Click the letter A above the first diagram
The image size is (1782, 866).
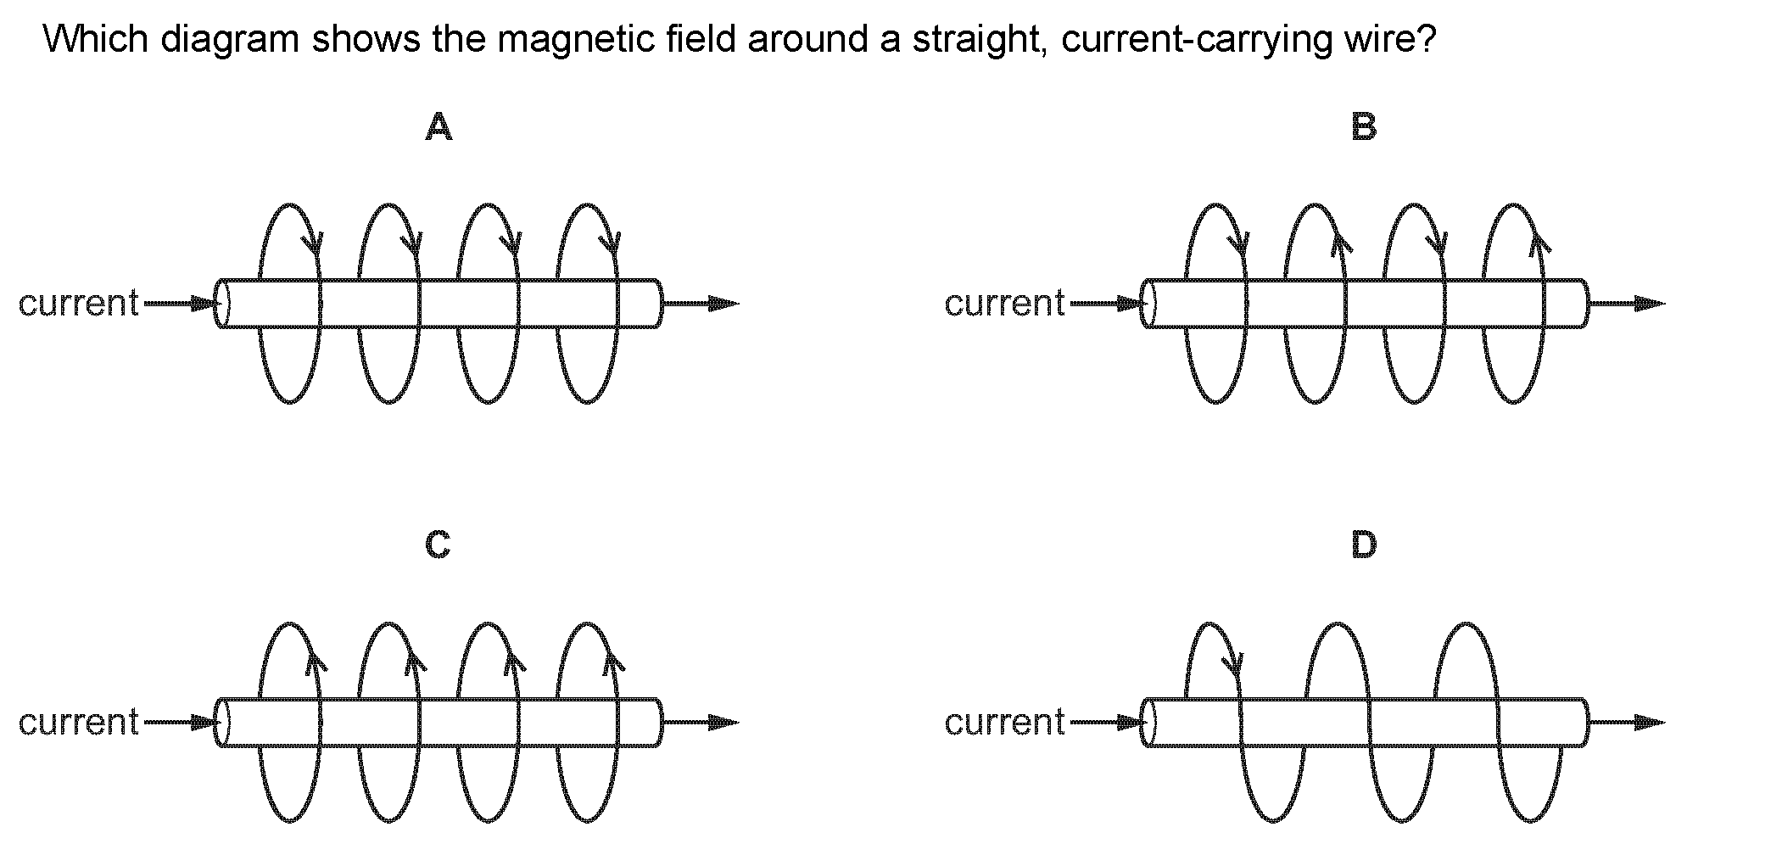pos(439,127)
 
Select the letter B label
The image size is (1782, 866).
pos(1364,127)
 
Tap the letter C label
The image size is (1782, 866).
pos(438,545)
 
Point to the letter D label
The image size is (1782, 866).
pos(1364,545)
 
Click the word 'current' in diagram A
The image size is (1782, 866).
pos(78,304)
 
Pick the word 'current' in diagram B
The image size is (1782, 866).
pos(1004,304)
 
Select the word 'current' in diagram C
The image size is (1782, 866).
pos(78,723)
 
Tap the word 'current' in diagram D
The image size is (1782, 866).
pos(1004,723)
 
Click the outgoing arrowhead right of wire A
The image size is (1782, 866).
pos(723,303)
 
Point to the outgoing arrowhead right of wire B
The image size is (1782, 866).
pos(1649,303)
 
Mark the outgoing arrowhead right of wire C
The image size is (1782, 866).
pos(723,723)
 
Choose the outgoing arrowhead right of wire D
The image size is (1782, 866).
pos(1649,723)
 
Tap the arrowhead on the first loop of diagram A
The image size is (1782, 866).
pos(314,245)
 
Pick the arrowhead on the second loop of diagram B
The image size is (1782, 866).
pos(1341,244)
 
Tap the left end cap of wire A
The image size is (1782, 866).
pos(222,304)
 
